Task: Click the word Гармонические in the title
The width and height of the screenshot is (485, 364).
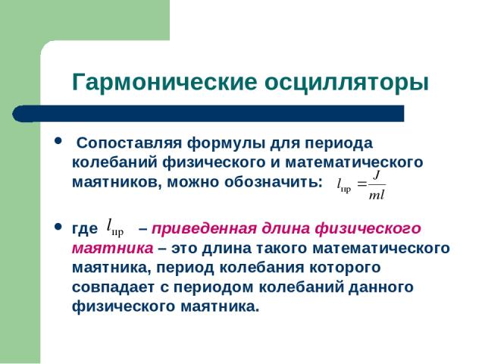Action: (164, 83)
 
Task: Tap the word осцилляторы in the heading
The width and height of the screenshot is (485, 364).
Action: (346, 83)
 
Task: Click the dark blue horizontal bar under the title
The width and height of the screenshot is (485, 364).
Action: (208, 114)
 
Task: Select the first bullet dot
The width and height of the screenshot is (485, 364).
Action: (58, 141)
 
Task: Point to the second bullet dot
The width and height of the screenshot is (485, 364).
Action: (58, 227)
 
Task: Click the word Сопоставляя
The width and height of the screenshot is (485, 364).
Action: (129, 143)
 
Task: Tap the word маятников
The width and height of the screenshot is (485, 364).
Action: (117, 182)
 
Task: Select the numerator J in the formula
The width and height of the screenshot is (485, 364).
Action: (377, 176)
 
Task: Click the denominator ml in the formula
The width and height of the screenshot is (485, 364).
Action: (377, 195)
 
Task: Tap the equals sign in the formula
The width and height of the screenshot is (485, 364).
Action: (362, 184)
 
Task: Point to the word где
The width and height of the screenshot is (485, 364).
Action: (84, 229)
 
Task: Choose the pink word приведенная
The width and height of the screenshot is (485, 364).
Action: (204, 229)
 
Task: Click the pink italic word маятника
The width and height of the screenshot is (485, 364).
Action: (113, 249)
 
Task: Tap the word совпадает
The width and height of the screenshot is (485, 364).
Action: (113, 287)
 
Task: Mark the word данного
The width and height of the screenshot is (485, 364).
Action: (381, 288)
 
